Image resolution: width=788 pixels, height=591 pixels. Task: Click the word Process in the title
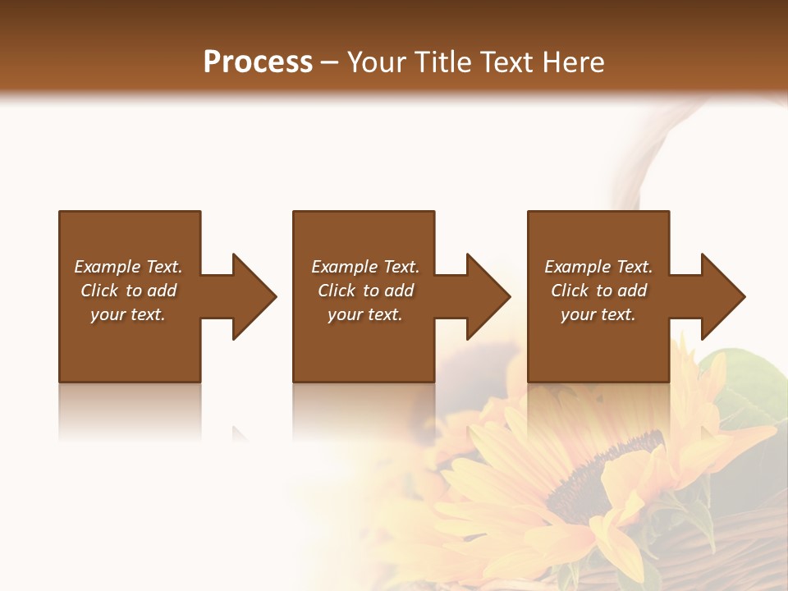[258, 62]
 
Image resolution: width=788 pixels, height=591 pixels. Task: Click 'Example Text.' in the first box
[128, 267]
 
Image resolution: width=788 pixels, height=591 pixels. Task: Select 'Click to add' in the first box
[128, 291]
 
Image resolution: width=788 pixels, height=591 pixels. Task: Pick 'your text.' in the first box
[128, 314]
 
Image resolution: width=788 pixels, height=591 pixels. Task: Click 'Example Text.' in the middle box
[364, 267]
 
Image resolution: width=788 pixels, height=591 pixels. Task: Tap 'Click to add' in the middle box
[364, 291]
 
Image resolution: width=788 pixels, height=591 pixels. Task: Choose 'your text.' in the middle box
[364, 314]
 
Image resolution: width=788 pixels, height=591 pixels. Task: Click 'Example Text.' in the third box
[598, 267]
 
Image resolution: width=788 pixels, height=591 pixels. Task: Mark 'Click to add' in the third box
[598, 291]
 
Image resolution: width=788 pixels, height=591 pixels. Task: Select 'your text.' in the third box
[598, 314]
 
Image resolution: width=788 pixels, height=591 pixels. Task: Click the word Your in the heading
[378, 62]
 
